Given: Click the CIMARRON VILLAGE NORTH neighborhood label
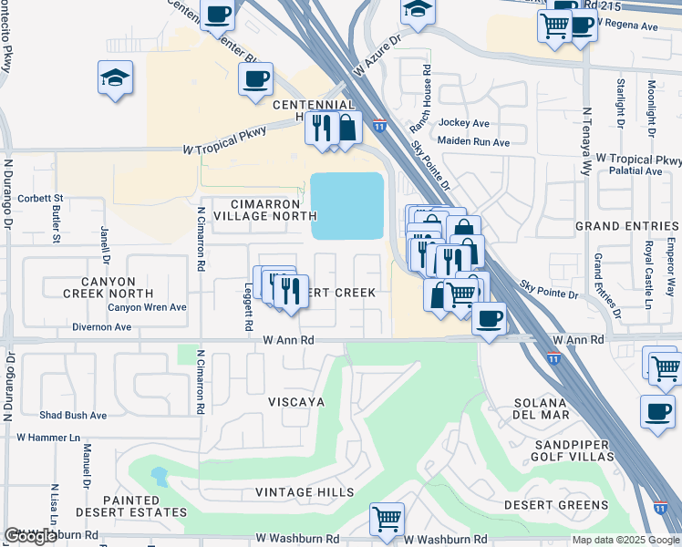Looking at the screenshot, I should [x=264, y=210].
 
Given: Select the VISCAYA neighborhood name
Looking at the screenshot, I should [x=296, y=402].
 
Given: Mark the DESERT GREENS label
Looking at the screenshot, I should [x=555, y=505].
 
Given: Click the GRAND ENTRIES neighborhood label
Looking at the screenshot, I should [x=627, y=225].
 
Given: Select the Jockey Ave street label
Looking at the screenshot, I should [x=464, y=123].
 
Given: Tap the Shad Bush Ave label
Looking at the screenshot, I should [x=73, y=416].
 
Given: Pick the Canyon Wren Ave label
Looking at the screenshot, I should [x=147, y=307].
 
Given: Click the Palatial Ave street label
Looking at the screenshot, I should [x=635, y=170].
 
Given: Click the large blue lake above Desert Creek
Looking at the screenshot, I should [x=346, y=206].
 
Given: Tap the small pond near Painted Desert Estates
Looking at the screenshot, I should [x=159, y=476].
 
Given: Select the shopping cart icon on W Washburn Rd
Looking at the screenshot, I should [x=387, y=518].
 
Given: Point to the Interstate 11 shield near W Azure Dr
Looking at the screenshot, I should [x=378, y=127].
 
